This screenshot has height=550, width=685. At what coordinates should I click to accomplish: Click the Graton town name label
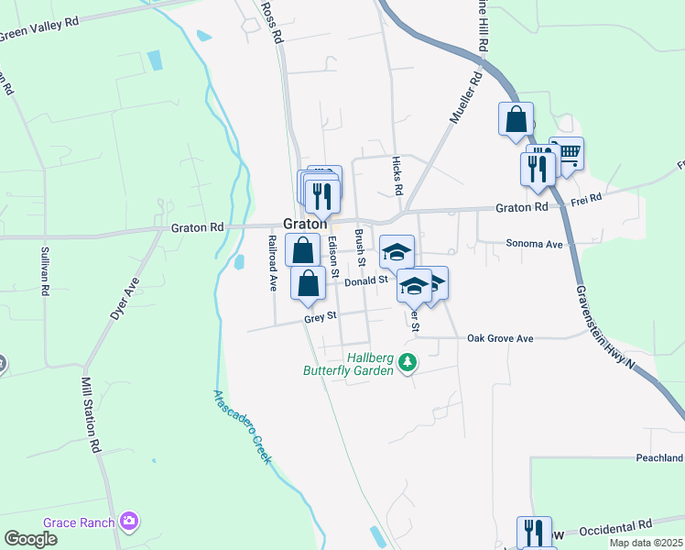point(306,224)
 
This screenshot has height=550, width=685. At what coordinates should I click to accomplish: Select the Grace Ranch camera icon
point(129,522)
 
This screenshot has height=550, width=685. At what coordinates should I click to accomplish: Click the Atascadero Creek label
point(244,426)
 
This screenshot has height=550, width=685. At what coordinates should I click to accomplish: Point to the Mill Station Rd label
point(89,416)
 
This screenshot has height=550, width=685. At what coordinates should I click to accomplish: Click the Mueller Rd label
point(464,99)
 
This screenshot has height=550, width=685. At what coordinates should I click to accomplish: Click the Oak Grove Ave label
point(500,338)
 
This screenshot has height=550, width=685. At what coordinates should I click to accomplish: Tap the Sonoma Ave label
point(534,245)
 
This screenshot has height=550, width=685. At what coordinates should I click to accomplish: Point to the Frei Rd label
point(585,198)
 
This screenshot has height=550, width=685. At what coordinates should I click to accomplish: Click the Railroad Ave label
point(272,263)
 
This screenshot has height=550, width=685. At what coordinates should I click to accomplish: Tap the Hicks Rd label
point(398,173)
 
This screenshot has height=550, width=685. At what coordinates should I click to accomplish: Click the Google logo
point(30,539)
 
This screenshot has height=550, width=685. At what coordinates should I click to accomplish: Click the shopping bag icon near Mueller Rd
point(516,119)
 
